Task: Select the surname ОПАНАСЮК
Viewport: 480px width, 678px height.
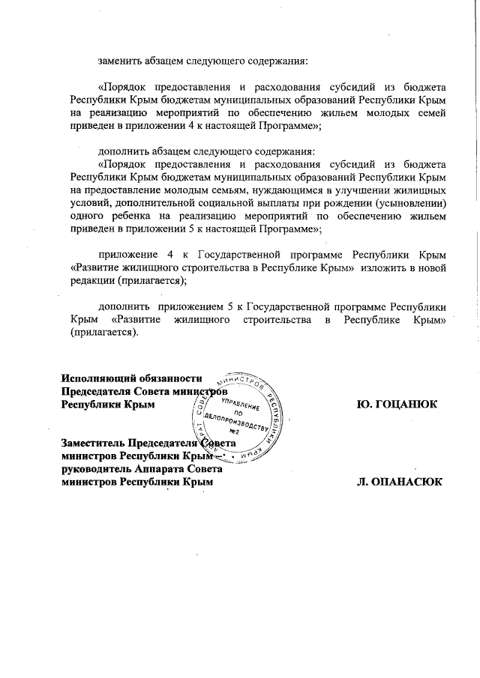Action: point(402,482)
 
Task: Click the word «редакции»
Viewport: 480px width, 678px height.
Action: point(89,280)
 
